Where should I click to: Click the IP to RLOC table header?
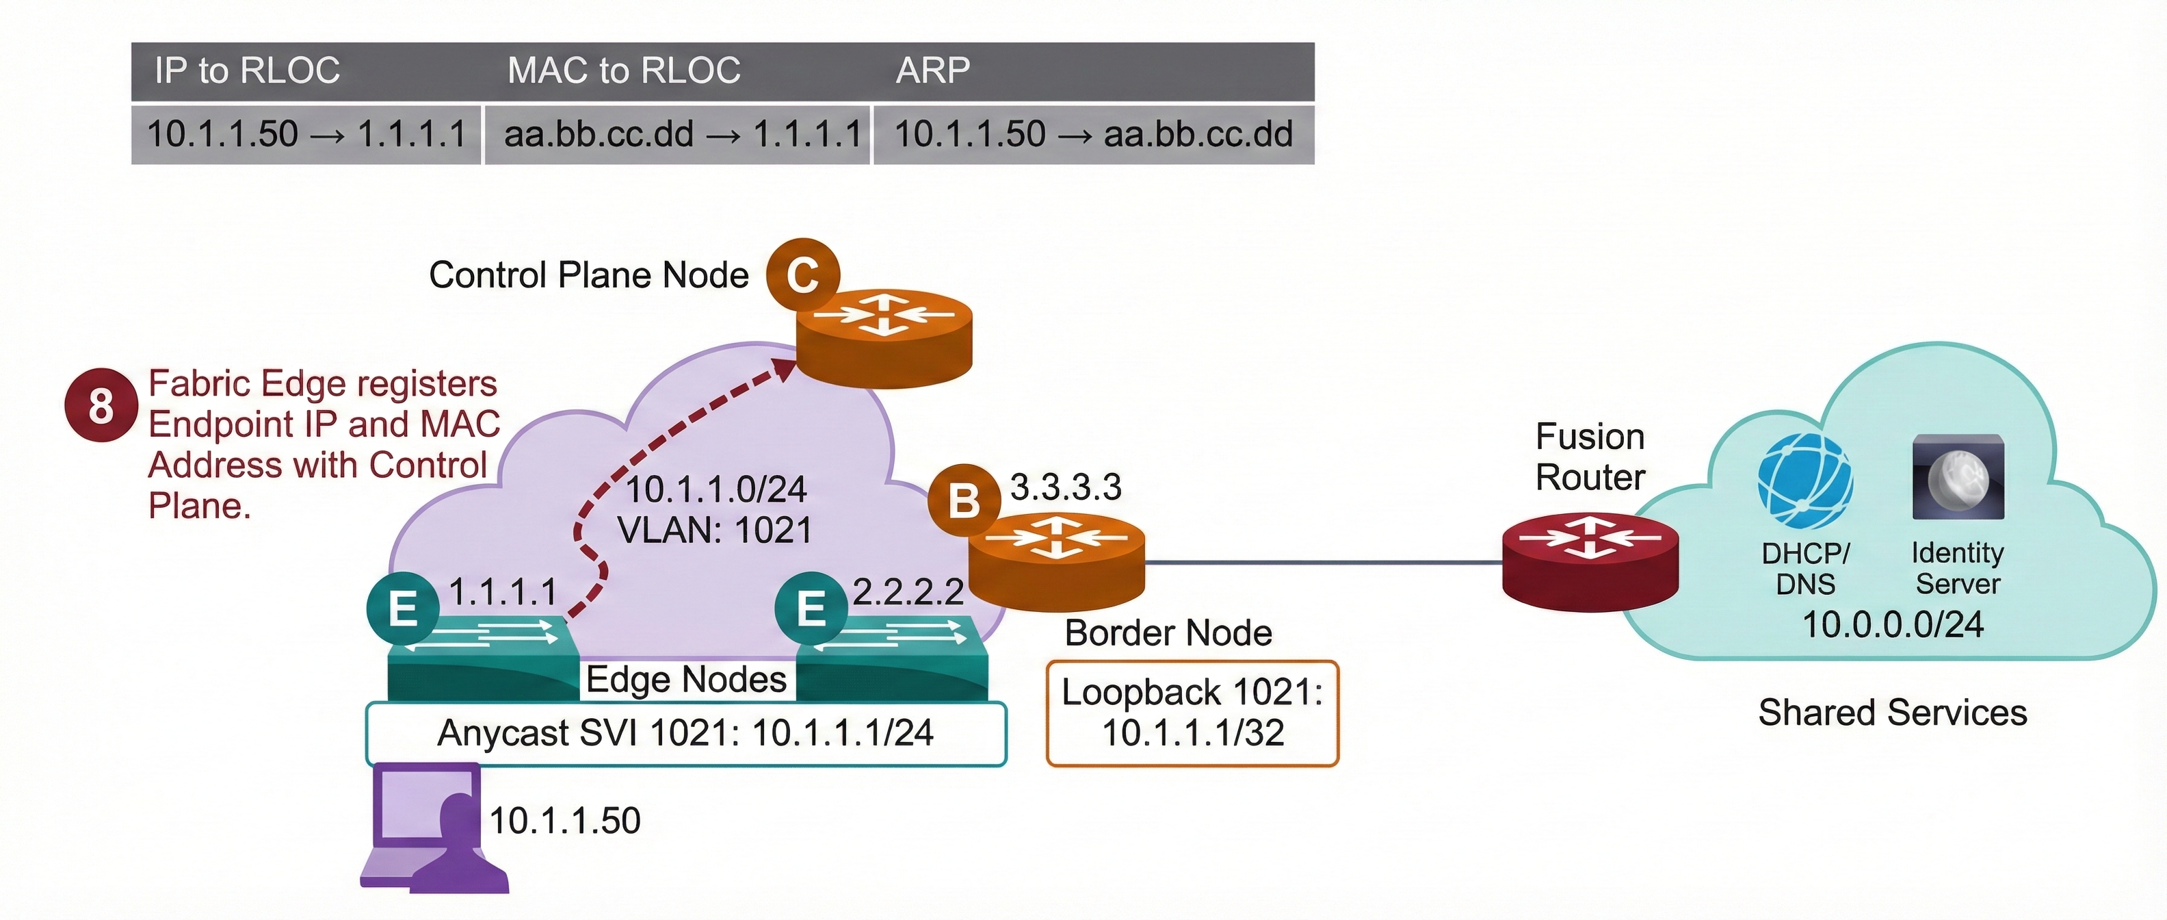tap(248, 71)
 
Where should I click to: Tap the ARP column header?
tap(932, 71)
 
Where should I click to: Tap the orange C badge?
tap(802, 274)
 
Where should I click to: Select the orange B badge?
tap(963, 501)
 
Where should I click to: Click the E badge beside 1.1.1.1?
tap(403, 608)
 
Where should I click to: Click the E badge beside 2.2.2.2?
tap(810, 608)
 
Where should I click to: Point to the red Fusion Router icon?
tap(1590, 561)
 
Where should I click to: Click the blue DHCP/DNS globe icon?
tap(1805, 481)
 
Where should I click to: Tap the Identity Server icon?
tap(1958, 477)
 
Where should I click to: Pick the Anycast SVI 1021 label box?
tap(685, 733)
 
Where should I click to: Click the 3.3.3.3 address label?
tap(1065, 487)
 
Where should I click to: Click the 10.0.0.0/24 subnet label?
tap(1892, 624)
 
